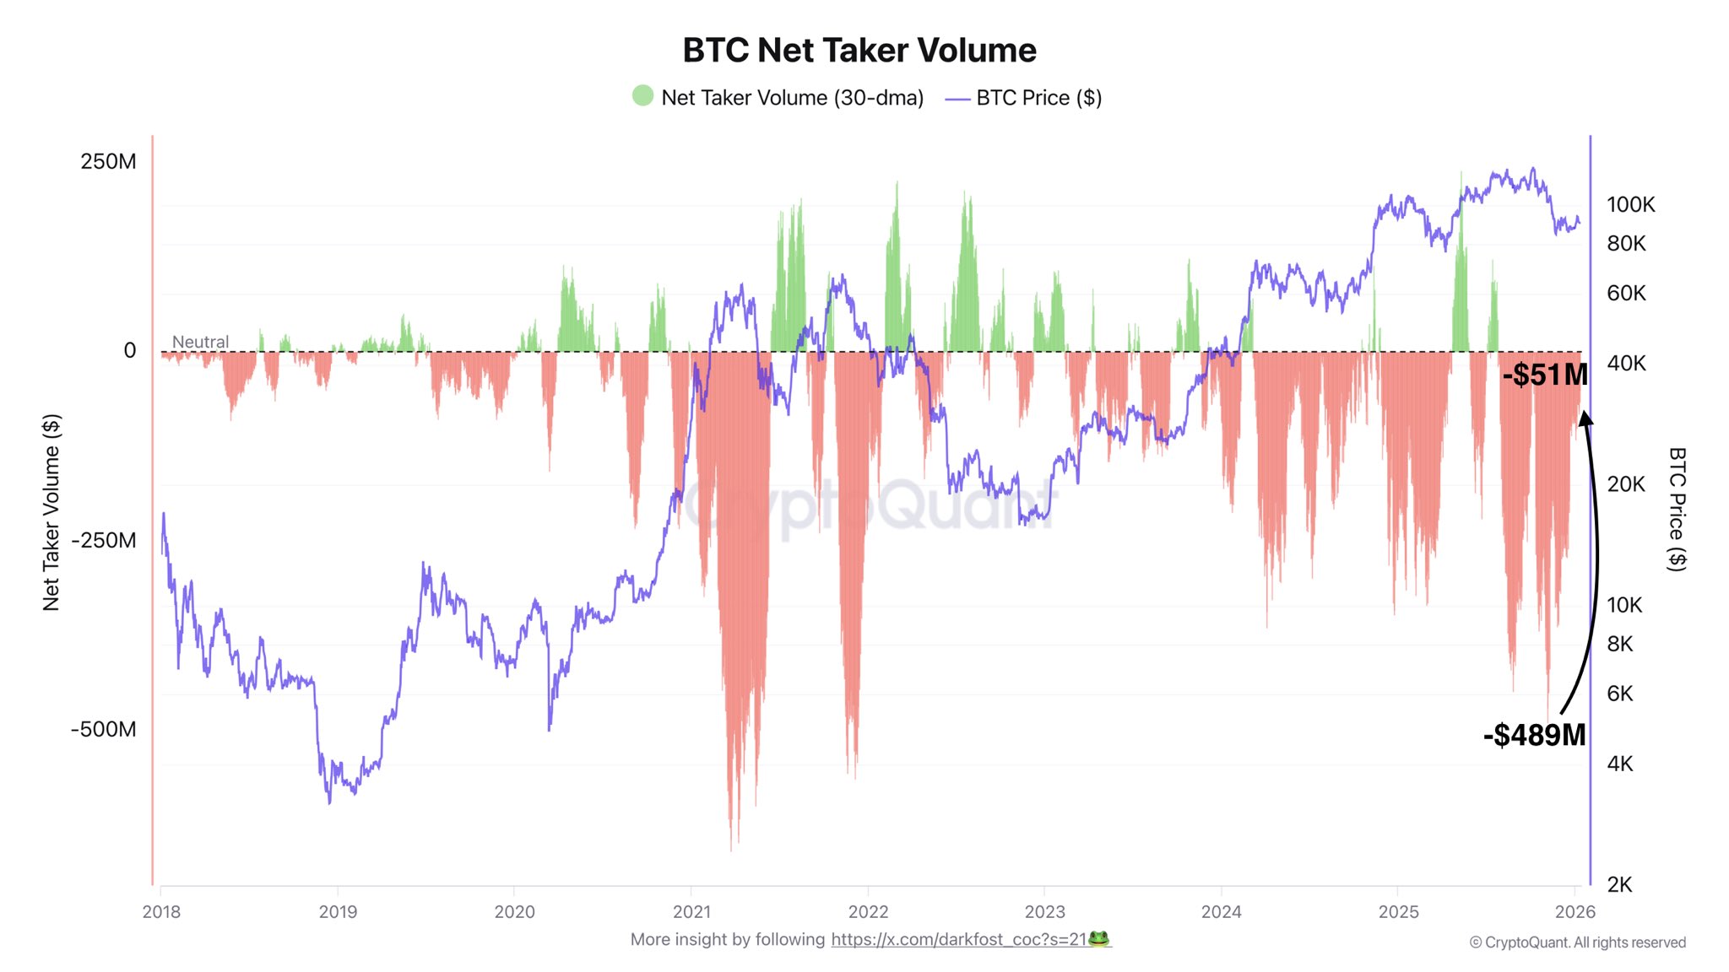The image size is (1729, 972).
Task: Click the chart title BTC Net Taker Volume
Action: (859, 51)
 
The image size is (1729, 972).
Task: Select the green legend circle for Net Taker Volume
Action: (642, 95)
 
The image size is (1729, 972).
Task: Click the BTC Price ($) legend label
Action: (1038, 98)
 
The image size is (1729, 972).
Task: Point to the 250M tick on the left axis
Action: (108, 161)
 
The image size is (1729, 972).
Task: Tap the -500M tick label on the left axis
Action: (103, 729)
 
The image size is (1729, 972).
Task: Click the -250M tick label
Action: (103, 540)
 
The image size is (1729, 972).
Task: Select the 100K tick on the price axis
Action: (1630, 204)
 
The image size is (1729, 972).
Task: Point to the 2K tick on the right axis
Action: (1619, 884)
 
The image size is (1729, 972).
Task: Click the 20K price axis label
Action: (1625, 483)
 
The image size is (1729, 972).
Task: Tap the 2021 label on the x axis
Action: (691, 911)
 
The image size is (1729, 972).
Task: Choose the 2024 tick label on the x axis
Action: (1221, 911)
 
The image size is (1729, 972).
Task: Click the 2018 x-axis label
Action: (161, 911)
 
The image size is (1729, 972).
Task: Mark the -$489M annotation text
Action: (1534, 735)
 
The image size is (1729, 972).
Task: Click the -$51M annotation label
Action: (1544, 375)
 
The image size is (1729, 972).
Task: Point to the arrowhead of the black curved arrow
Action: (1585, 418)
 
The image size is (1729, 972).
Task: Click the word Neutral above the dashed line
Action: (200, 342)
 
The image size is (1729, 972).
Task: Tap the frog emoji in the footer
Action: (1098, 938)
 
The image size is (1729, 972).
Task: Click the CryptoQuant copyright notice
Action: (1577, 942)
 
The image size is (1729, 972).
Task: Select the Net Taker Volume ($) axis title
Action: (51, 512)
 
